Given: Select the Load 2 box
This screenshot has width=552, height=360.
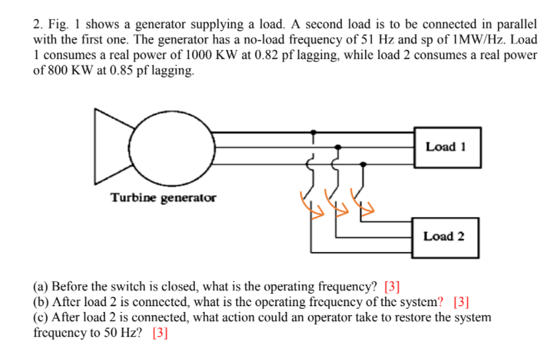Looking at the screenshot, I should (x=444, y=236).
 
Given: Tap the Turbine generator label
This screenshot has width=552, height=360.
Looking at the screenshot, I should (x=163, y=198).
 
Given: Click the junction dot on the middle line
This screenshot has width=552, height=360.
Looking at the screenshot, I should (x=338, y=146).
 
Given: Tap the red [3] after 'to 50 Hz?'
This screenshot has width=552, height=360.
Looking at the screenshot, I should (x=160, y=332).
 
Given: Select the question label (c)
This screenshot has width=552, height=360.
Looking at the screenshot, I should (x=41, y=317).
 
